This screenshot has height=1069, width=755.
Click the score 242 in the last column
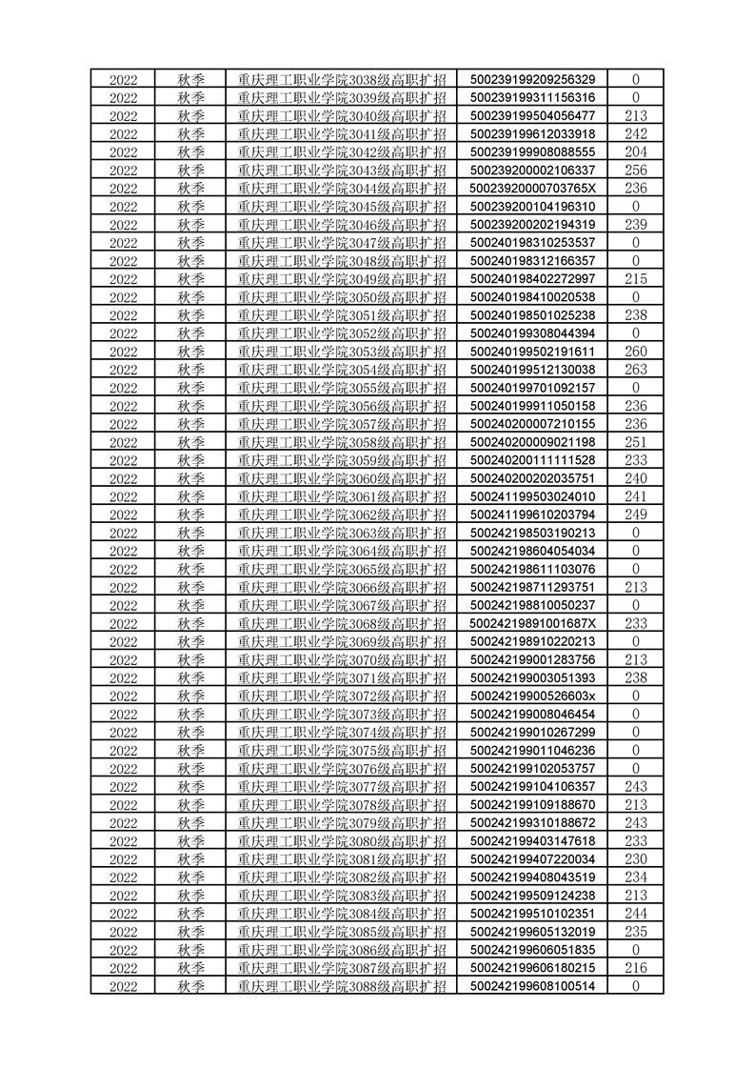635,133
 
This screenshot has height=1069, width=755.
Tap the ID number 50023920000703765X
532,188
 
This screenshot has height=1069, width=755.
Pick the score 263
635,370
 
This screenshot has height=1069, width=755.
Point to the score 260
635,352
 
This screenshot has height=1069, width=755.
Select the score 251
635,442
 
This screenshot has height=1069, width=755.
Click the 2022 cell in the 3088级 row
123,986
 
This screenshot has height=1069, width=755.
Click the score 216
635,968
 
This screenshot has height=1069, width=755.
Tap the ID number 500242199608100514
532,986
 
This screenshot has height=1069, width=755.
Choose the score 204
635,151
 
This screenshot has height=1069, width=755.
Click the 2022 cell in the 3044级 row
123,188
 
